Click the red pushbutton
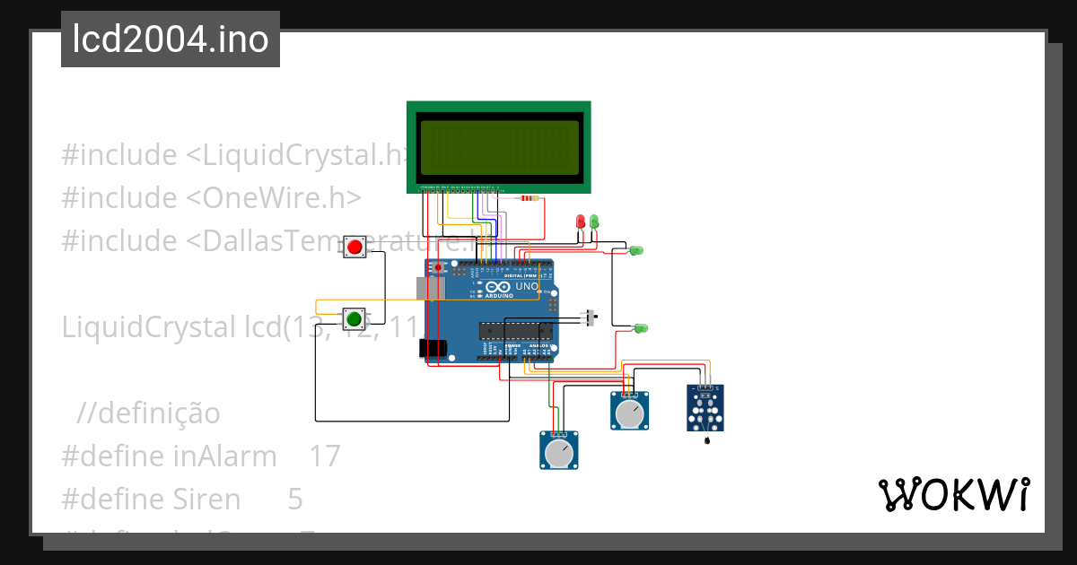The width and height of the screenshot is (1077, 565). click(355, 247)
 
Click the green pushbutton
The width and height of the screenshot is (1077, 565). click(355, 318)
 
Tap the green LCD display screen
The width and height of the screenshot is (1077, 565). click(499, 147)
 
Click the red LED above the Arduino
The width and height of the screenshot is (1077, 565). click(581, 221)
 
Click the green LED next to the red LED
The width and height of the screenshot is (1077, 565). click(593, 221)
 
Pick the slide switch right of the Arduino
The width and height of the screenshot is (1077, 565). click(591, 318)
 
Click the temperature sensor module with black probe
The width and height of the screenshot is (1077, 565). click(706, 408)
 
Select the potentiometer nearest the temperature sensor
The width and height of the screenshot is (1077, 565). click(630, 412)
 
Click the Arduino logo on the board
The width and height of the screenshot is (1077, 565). click(494, 288)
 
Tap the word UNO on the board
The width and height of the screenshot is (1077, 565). click(527, 287)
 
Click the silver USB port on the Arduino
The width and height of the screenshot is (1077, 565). click(431, 288)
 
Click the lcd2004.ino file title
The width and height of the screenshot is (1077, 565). click(171, 39)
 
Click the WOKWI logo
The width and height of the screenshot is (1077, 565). click(953, 495)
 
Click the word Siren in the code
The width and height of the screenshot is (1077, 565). click(206, 499)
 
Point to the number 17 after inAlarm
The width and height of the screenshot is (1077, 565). click(325, 456)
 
